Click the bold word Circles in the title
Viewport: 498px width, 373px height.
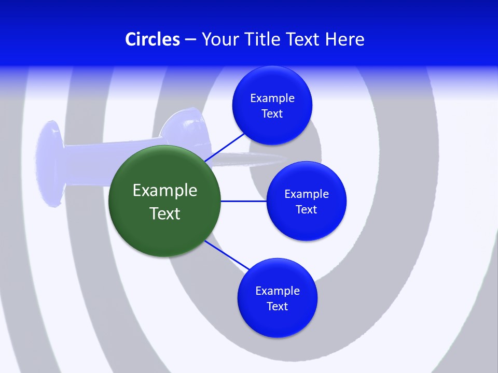(x=152, y=39)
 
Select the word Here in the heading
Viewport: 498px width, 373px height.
(x=344, y=39)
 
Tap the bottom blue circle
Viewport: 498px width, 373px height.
(x=278, y=321)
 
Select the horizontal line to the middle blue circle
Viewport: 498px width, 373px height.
(x=243, y=201)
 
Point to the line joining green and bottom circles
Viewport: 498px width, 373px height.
(x=226, y=255)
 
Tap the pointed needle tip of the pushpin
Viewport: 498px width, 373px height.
(x=284, y=158)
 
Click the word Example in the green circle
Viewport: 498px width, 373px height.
(x=165, y=190)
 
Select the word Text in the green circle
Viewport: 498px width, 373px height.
(x=165, y=213)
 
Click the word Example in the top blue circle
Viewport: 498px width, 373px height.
(x=272, y=98)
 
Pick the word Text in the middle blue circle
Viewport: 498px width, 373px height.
(x=306, y=209)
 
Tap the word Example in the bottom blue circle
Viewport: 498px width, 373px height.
(x=278, y=291)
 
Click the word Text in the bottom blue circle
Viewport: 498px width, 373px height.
(x=278, y=306)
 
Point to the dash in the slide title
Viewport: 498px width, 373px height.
(x=190, y=40)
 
